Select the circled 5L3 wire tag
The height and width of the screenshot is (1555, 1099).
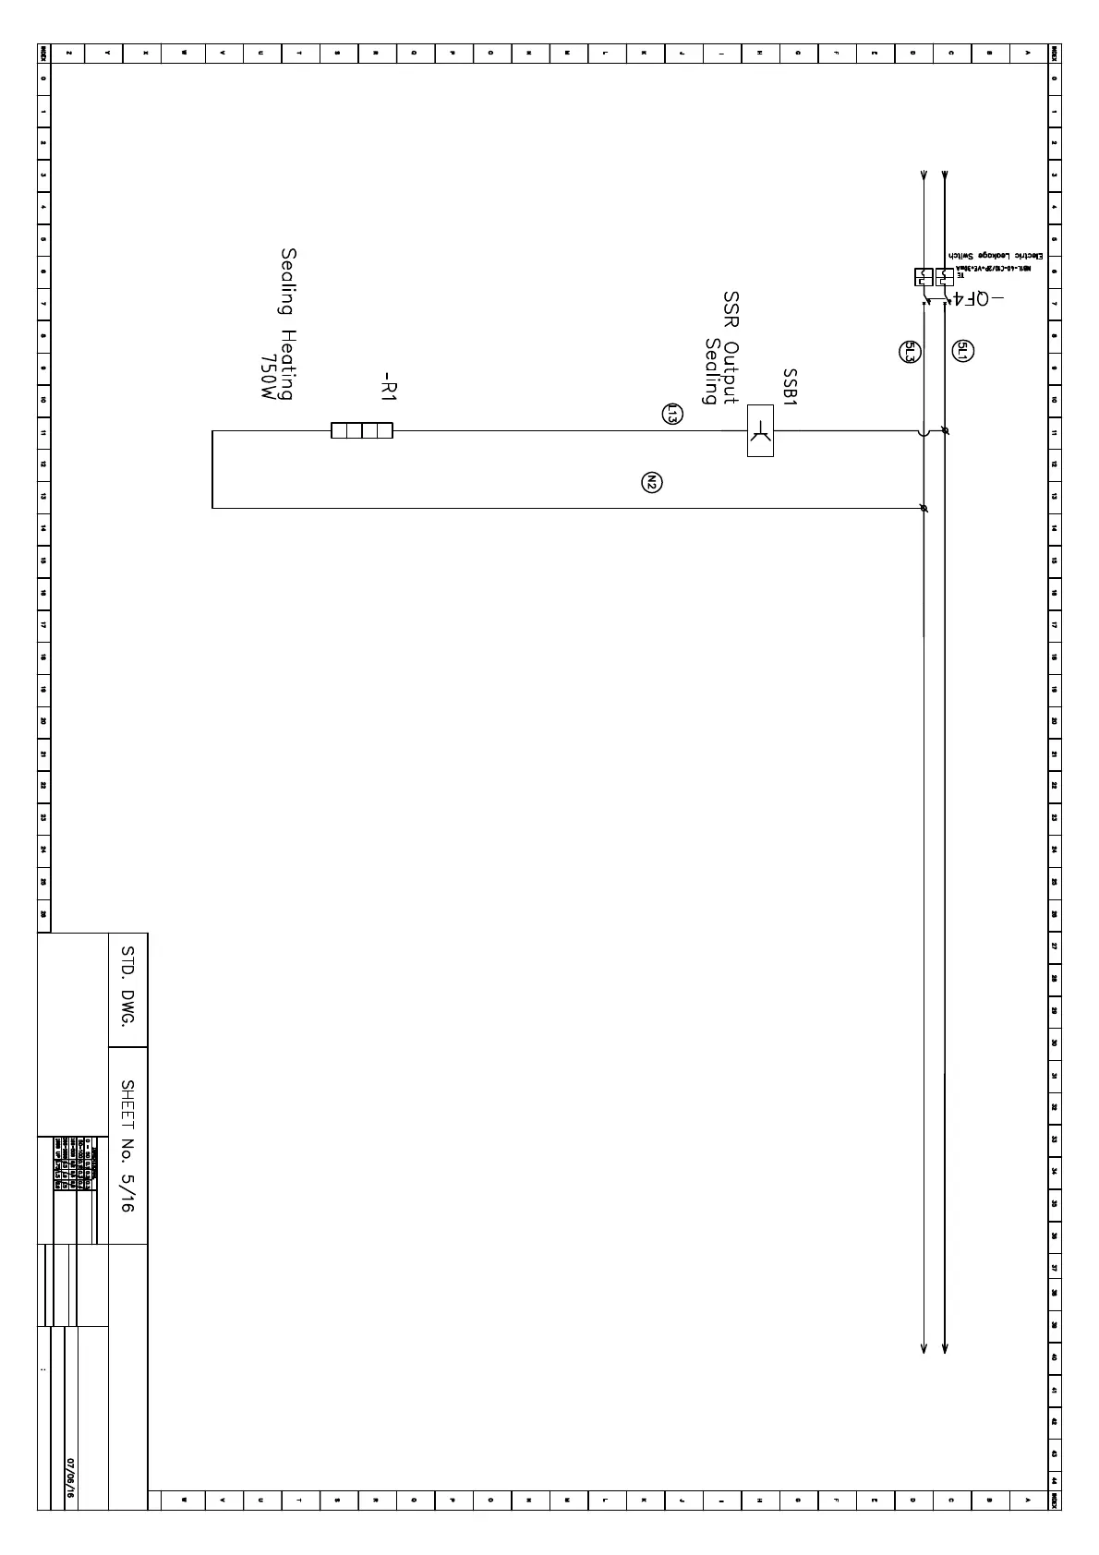[910, 351]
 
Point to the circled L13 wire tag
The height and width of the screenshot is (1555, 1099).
[671, 415]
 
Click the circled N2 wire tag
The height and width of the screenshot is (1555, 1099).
[651, 482]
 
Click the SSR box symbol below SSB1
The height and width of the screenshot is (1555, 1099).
[760, 431]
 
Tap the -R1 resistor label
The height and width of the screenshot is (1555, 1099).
[388, 385]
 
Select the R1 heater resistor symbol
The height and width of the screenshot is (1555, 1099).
[362, 430]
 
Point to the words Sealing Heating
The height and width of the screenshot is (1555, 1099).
[288, 323]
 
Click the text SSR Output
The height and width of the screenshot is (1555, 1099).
[731, 348]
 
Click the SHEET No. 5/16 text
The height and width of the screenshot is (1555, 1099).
[128, 1146]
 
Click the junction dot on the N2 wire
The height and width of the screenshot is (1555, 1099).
[924, 508]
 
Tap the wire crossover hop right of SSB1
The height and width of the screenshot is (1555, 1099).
[924, 431]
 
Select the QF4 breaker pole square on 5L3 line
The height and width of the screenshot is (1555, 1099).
[924, 275]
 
